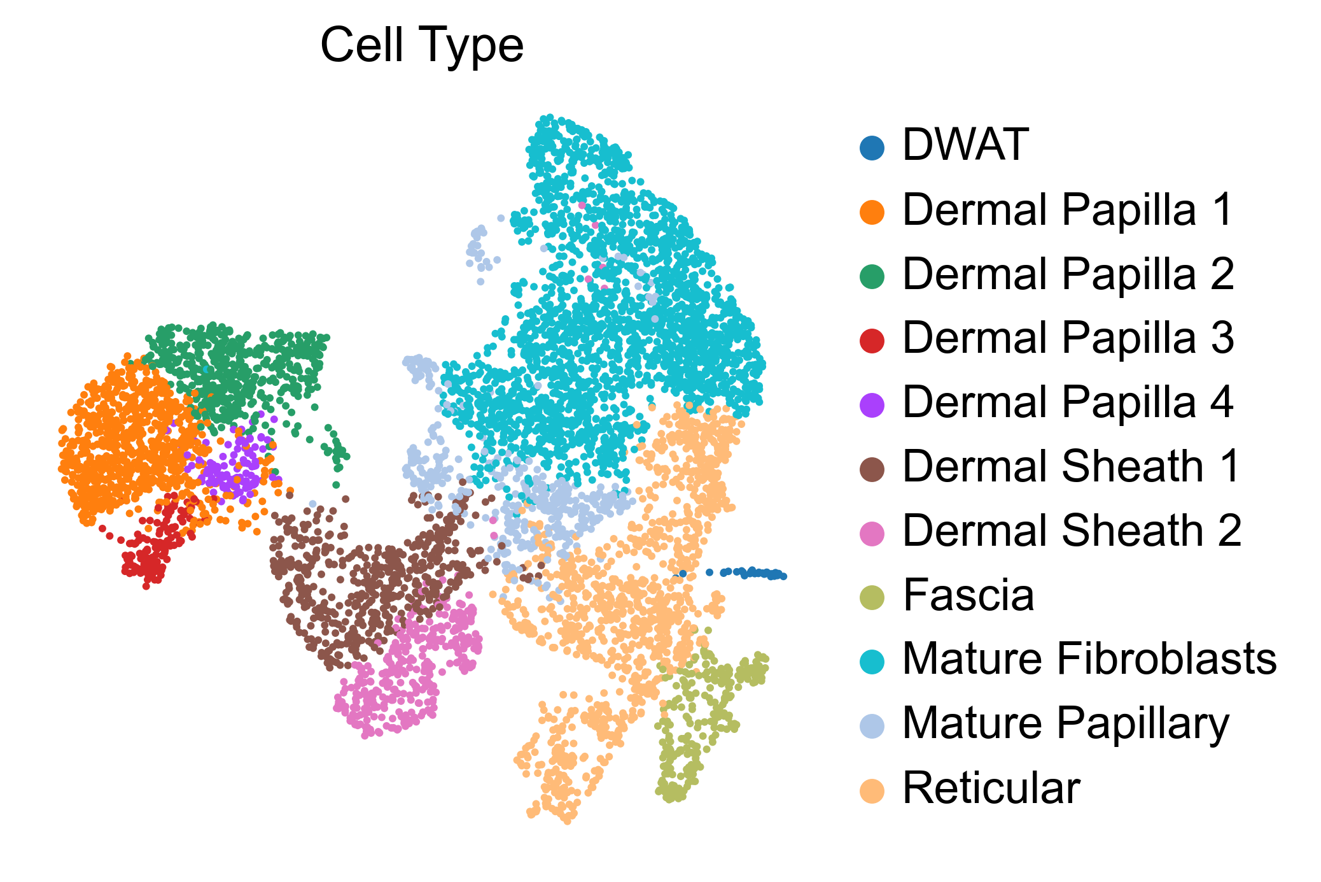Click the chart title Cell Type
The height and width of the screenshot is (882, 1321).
coord(422,46)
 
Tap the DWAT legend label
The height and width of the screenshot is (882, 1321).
coord(965,145)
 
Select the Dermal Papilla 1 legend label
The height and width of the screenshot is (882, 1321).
coord(1068,210)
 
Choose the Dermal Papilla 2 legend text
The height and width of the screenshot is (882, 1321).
coord(1068,274)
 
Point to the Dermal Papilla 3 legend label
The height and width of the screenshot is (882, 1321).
coord(1068,338)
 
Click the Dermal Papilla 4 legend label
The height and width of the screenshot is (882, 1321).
coord(1068,402)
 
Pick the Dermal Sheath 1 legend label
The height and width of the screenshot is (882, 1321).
coord(1072,466)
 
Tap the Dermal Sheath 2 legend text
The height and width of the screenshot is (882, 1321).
coord(1072,530)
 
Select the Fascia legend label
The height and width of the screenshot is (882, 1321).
coord(968,595)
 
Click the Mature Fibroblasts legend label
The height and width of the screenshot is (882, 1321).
coord(1089,658)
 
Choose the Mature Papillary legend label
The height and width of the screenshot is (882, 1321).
coord(1066,725)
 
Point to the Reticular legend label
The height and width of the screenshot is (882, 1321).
coord(991,788)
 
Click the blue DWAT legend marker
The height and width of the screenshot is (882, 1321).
coord(872,148)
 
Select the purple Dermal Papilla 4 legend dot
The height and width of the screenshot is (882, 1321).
coord(872,405)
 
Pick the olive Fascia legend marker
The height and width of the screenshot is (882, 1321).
coord(872,598)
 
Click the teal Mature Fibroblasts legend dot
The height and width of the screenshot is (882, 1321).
coord(872,662)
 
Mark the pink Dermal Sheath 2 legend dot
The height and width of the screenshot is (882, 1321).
coord(872,534)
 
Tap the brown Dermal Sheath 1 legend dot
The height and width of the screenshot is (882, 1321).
coord(872,469)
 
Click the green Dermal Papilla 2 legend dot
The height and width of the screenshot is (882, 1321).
coord(872,277)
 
